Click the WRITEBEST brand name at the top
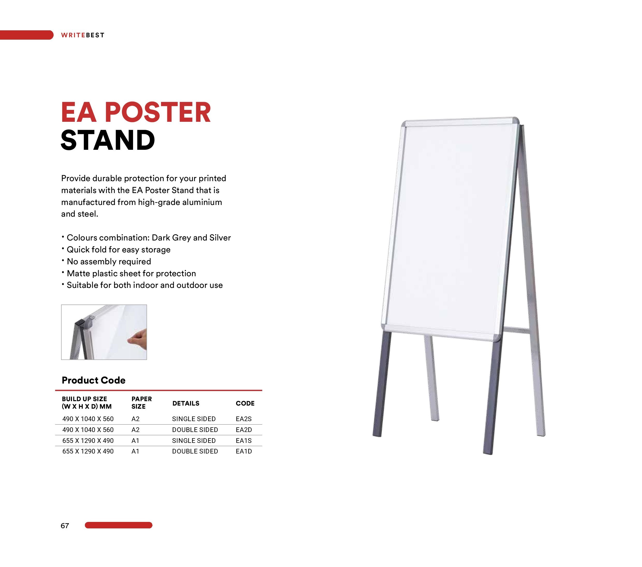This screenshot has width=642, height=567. click(x=83, y=35)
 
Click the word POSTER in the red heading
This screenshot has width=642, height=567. click(x=158, y=112)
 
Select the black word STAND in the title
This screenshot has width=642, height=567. click(x=108, y=140)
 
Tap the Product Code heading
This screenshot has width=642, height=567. click(x=94, y=380)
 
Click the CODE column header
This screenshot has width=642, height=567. click(x=245, y=403)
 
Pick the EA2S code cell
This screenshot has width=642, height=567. click(x=244, y=419)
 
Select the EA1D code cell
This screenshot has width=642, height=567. click(x=244, y=451)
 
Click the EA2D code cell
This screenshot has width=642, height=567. click(x=244, y=430)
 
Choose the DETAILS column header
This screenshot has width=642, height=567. click(x=186, y=403)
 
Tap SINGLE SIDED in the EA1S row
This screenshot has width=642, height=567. click(x=194, y=441)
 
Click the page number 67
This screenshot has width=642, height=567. click(x=65, y=526)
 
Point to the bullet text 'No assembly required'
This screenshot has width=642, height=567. click(x=109, y=262)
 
